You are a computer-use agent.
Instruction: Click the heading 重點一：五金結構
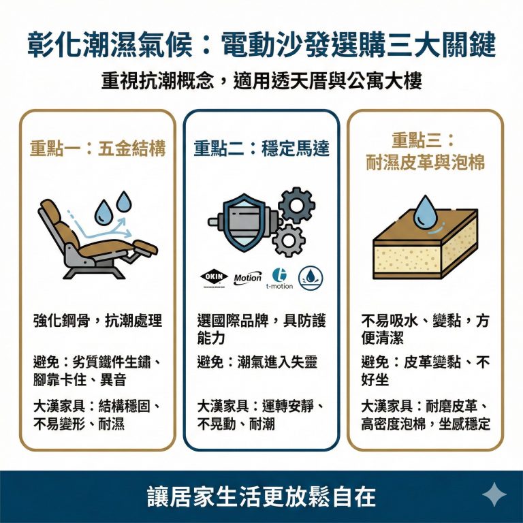coord(98,148)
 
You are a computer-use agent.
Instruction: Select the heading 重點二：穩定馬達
coord(261,148)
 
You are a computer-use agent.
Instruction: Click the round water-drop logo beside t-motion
coord(311,277)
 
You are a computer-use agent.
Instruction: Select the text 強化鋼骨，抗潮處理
coord(98,321)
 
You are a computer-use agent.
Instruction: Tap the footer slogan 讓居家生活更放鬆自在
coord(261,496)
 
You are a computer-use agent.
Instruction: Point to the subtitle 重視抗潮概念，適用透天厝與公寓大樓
coord(261,80)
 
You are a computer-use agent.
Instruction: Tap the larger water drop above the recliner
coord(104,212)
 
